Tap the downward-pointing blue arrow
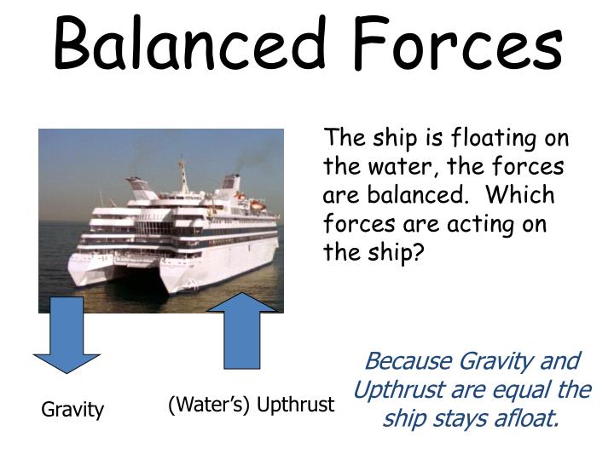coord(67,335)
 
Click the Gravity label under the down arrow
coord(72,410)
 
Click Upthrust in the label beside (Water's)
coord(295,405)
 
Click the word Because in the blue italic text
coord(408,361)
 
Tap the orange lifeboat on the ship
coord(256,205)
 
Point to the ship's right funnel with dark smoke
coord(230,181)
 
